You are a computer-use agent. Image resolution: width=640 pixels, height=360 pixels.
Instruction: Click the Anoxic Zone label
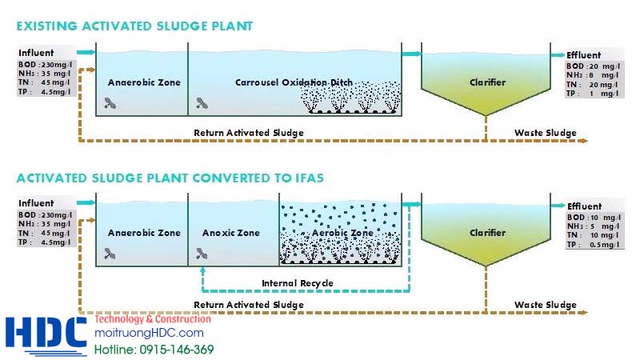click(230, 233)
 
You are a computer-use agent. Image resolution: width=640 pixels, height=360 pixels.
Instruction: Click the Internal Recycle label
click(298, 283)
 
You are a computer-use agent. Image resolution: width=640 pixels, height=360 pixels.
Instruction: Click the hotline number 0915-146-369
click(154, 349)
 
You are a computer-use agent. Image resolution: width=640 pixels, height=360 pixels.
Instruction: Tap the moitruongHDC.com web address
click(149, 333)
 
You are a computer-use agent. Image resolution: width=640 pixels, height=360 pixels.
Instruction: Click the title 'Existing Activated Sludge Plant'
click(134, 26)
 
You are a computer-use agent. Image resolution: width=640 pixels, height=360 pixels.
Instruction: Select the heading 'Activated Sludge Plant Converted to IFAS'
click(170, 178)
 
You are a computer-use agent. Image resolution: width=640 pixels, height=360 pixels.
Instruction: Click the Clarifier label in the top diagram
click(487, 82)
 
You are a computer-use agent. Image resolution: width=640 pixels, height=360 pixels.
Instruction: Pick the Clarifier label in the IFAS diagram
click(487, 233)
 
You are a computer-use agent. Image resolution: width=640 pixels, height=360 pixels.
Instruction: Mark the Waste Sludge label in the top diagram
click(545, 132)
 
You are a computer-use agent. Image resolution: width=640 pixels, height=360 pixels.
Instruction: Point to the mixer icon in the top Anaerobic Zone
click(110, 103)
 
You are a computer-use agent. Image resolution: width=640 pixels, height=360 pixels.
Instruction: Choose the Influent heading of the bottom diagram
click(36, 203)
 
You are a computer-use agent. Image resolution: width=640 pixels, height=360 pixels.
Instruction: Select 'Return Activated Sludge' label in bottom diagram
click(249, 305)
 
